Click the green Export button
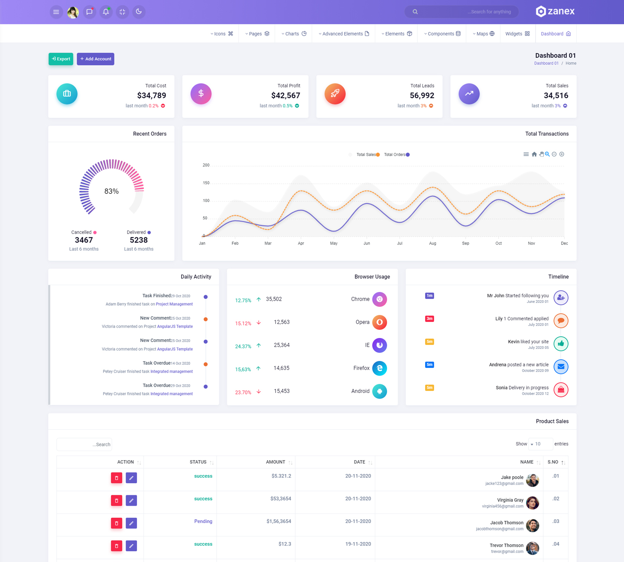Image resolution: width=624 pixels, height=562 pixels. (x=61, y=59)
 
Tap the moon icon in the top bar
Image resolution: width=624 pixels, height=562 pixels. (x=139, y=12)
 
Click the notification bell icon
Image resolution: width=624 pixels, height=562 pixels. (x=106, y=12)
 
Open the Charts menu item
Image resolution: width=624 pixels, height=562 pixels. (x=294, y=34)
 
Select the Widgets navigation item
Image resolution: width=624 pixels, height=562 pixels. (x=517, y=34)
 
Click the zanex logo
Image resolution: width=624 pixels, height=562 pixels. (x=555, y=12)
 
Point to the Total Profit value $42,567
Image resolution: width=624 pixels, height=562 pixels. (x=286, y=95)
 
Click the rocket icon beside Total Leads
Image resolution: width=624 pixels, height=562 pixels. (x=335, y=94)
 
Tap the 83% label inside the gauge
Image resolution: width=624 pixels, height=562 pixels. (x=111, y=191)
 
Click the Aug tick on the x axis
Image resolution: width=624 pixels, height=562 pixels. (x=432, y=244)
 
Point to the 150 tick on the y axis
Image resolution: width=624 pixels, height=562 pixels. (x=206, y=183)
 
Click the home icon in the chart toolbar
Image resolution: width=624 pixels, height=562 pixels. (x=534, y=154)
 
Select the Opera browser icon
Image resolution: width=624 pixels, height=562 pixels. (x=380, y=322)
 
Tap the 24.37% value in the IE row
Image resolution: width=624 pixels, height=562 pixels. (x=243, y=346)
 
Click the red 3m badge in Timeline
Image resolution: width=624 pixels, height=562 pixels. (x=429, y=318)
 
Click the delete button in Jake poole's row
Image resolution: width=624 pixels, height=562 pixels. (x=117, y=478)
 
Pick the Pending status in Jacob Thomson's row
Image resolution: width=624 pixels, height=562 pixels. (x=203, y=521)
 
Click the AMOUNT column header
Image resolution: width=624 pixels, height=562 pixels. (x=276, y=462)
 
